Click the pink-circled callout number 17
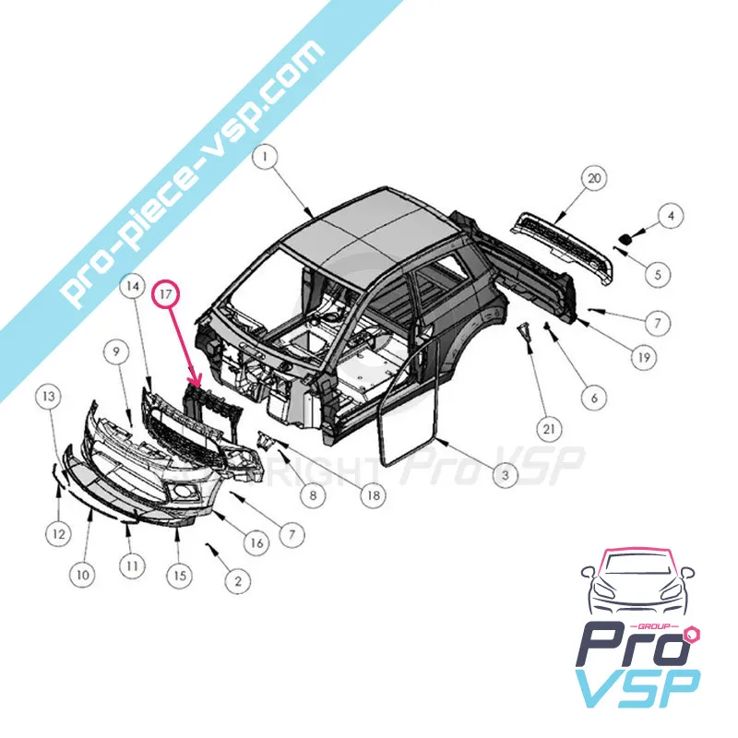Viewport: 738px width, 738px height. [x=166, y=293]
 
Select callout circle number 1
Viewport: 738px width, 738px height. [x=266, y=157]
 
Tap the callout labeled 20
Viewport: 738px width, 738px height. [x=594, y=178]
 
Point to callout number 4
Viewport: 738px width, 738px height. [x=671, y=216]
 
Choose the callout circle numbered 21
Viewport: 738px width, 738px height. [x=549, y=429]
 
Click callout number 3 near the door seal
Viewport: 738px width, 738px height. [x=505, y=474]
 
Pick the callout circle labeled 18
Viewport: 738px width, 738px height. [x=373, y=494]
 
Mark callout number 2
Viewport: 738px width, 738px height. [x=238, y=581]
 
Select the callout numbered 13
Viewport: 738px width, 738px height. [x=49, y=397]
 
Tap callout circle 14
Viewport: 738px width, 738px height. [x=133, y=286]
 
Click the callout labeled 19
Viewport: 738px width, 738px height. [x=643, y=358]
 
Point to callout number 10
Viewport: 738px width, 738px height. [x=82, y=574]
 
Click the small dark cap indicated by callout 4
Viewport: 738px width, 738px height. [x=625, y=240]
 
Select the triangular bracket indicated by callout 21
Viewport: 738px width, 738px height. [x=524, y=333]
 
